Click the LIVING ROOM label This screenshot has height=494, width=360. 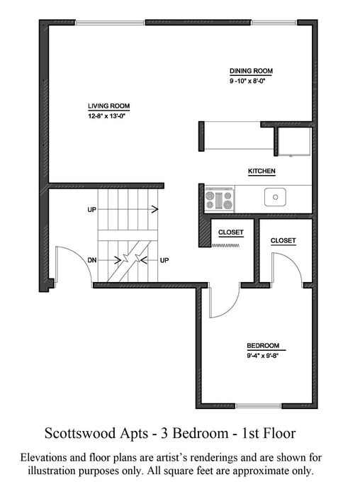coord(108,106)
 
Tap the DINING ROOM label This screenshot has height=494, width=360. coord(251,71)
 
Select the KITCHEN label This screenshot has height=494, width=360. coord(261,171)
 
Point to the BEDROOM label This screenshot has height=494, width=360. coord(263,346)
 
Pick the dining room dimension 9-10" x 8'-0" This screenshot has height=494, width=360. coord(247,81)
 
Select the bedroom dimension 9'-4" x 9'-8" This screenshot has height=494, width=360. coord(263,356)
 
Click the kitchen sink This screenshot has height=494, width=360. coord(275,197)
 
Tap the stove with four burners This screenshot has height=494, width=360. coord(220,199)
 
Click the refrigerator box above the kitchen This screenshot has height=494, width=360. coord(294,142)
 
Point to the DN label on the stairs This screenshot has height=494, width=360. coord(92,260)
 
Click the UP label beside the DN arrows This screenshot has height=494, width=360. coord(164,260)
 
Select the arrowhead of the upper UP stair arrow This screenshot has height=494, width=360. coord(155,209)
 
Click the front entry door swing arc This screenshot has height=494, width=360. coord(82,256)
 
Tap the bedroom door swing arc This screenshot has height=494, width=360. coord(234,305)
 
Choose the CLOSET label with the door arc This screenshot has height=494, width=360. coord(283,240)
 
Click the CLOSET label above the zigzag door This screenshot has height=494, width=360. coord(231,232)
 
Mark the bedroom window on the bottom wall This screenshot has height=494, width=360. coord(258,406)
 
